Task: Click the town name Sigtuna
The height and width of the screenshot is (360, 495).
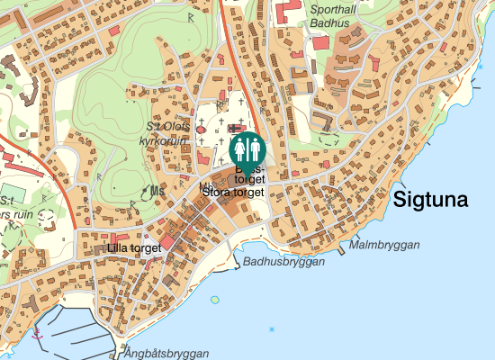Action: click(x=431, y=200)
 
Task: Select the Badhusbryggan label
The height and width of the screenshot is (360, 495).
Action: click(x=283, y=262)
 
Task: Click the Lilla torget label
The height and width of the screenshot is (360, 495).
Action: click(x=133, y=247)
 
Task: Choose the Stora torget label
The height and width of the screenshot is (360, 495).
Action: click(x=233, y=192)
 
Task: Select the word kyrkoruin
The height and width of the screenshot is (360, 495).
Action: click(x=163, y=141)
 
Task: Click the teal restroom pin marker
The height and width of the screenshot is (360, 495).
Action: click(x=247, y=149)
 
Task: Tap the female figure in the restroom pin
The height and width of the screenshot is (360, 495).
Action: click(x=240, y=147)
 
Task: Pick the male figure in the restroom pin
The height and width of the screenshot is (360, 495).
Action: click(x=253, y=147)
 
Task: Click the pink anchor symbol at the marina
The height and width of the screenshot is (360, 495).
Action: click(x=37, y=333)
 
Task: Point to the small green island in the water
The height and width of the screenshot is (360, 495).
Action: click(x=214, y=300)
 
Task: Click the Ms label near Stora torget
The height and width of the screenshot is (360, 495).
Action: click(x=157, y=190)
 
